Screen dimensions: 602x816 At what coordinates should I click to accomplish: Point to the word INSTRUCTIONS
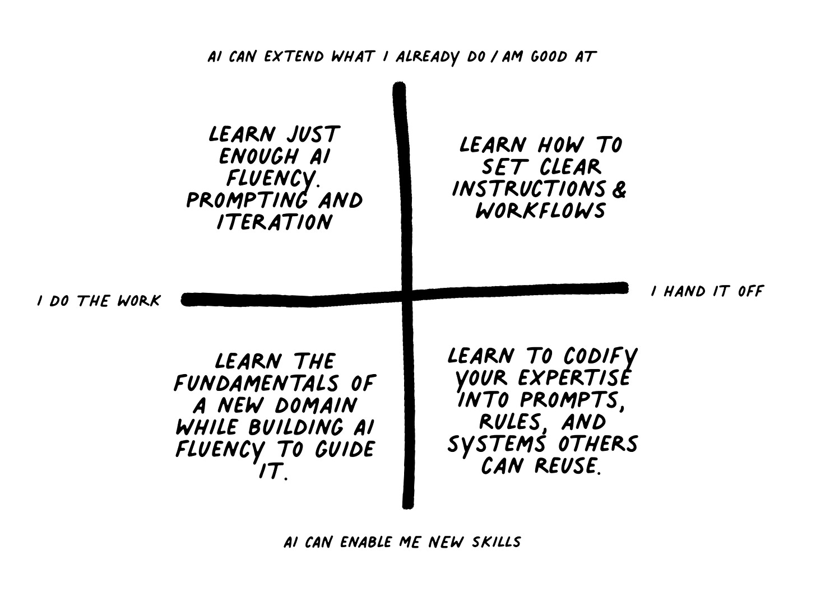click(x=529, y=189)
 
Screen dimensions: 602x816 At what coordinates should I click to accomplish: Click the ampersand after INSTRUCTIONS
click(x=619, y=190)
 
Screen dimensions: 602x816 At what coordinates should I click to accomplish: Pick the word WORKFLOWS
click(x=540, y=211)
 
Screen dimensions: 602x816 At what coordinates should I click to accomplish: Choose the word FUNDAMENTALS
click(x=254, y=384)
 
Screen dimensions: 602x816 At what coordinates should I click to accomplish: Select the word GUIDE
click(x=345, y=450)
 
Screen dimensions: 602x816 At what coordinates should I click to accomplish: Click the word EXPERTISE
click(x=574, y=379)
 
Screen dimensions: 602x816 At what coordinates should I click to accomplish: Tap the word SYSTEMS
click(x=496, y=444)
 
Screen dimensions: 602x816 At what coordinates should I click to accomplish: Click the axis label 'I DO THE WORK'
click(x=99, y=301)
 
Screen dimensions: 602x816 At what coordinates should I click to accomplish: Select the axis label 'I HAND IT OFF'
click(x=707, y=292)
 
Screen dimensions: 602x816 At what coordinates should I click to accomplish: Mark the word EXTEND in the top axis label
click(x=295, y=57)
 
